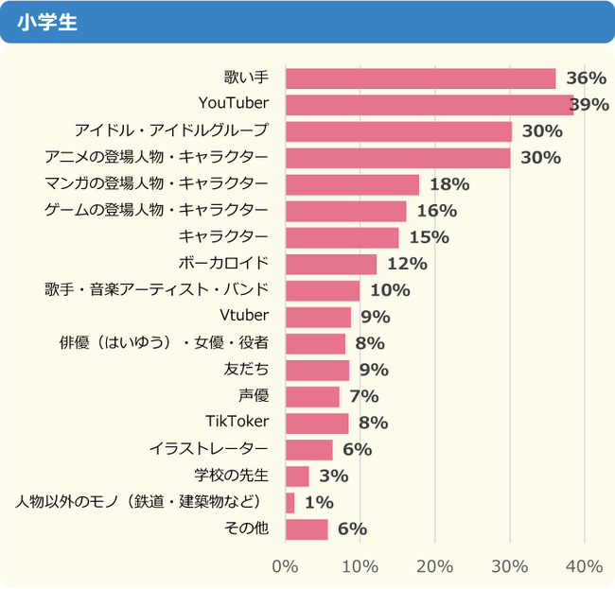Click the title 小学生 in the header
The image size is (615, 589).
point(46,21)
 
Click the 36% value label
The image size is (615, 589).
point(586,78)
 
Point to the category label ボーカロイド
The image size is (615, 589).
point(223,263)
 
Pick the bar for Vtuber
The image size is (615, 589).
point(318,317)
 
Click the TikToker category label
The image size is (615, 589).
point(237,422)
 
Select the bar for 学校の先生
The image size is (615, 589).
point(297,476)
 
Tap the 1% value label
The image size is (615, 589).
point(318,502)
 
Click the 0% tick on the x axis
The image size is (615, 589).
point(285,566)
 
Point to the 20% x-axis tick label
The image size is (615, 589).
point(434,566)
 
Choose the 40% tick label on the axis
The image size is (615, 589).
point(584,566)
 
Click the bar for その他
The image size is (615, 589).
point(307,528)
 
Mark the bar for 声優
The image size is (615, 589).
point(312,396)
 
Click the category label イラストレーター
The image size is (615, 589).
point(209,449)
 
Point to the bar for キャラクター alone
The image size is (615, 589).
point(342,237)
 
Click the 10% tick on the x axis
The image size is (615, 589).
point(360,566)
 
